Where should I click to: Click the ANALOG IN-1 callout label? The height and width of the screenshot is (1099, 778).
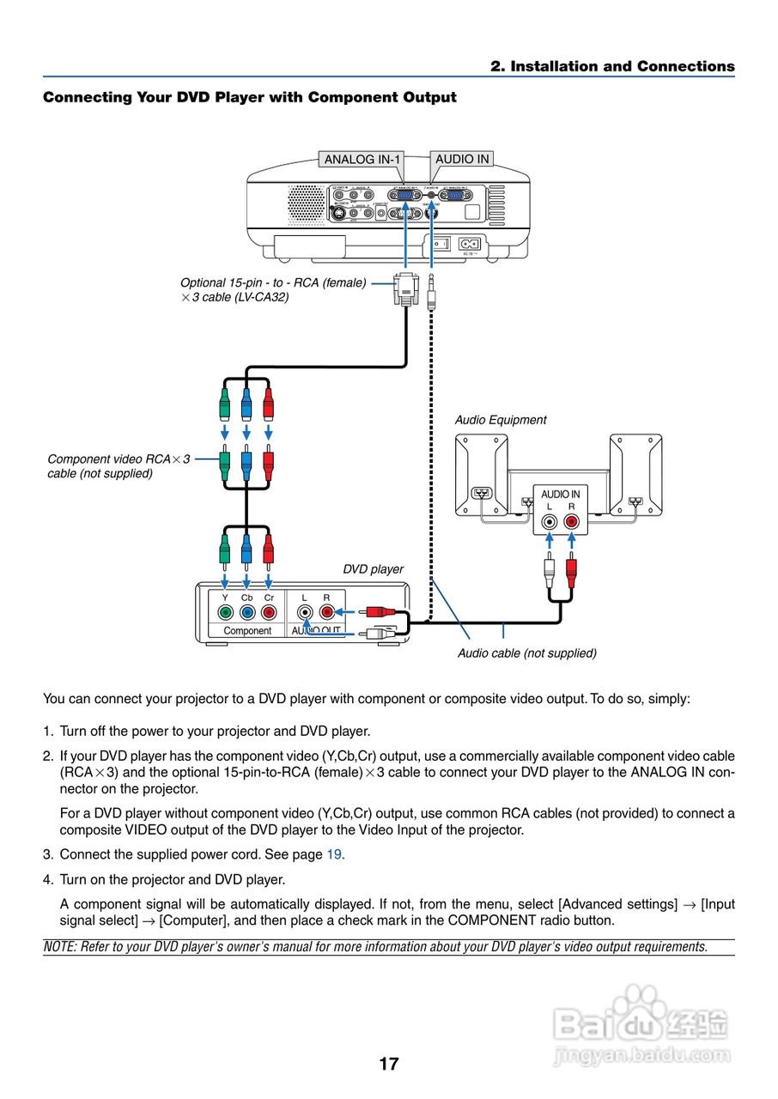pyautogui.click(x=362, y=160)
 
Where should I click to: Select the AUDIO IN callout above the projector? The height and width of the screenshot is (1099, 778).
pyautogui.click(x=462, y=159)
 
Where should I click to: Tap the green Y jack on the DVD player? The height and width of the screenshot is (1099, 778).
pyautogui.click(x=225, y=612)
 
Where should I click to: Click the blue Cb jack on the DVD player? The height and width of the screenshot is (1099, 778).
pyautogui.click(x=247, y=612)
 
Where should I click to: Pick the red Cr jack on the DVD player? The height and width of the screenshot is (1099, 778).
pyautogui.click(x=269, y=612)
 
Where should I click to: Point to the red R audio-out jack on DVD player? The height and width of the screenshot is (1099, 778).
pyautogui.click(x=326, y=612)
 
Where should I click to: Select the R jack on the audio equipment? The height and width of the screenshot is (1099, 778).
pyautogui.click(x=572, y=521)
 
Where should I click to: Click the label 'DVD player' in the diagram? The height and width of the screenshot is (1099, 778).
pyautogui.click(x=373, y=569)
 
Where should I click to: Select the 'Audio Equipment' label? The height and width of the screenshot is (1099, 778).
pyautogui.click(x=501, y=420)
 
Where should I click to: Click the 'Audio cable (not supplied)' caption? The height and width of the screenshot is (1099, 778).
pyautogui.click(x=526, y=653)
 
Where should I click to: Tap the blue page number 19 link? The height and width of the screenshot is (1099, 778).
pyautogui.click(x=334, y=854)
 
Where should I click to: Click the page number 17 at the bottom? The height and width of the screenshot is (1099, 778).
pyautogui.click(x=389, y=1064)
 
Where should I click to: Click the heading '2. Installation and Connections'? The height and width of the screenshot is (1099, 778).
pyautogui.click(x=612, y=66)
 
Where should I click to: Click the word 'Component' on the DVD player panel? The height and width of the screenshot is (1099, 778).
pyautogui.click(x=247, y=630)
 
